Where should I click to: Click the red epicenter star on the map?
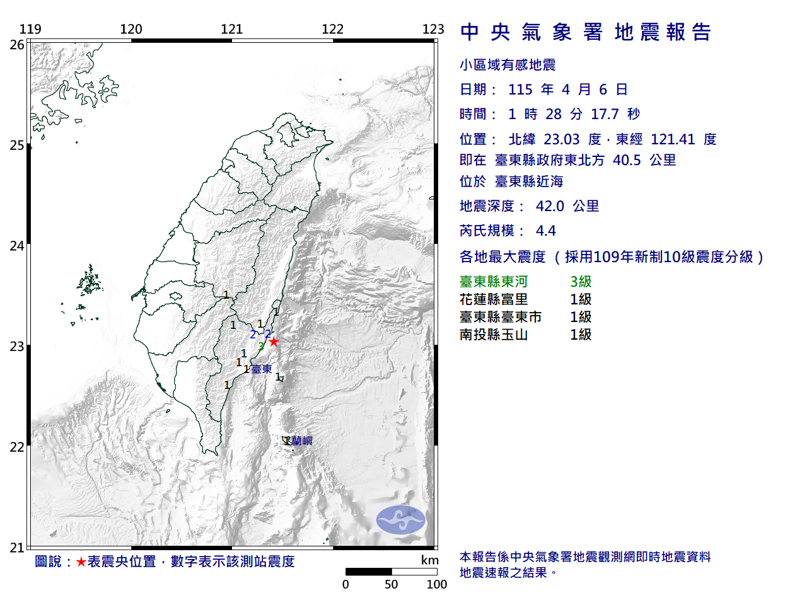click(x=274, y=342)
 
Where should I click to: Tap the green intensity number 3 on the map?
click(x=261, y=346)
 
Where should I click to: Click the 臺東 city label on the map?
click(x=262, y=369)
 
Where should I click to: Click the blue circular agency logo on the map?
click(x=401, y=520)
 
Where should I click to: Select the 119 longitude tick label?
click(x=30, y=29)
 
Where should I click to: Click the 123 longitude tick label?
click(x=433, y=29)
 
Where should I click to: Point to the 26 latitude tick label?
click(x=17, y=45)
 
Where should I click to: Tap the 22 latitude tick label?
click(x=17, y=447)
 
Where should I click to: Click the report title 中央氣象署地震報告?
click(x=586, y=32)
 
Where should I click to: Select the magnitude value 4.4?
click(x=546, y=231)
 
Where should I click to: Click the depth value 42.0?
click(x=550, y=206)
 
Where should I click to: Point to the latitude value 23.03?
click(x=562, y=139)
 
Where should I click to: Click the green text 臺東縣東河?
click(x=494, y=282)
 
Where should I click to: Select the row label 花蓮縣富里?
click(x=494, y=299)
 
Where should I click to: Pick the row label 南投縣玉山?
click(x=494, y=335)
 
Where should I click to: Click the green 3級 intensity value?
click(x=581, y=282)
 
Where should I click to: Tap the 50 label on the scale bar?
click(x=392, y=584)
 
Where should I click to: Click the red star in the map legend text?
click(x=81, y=562)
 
